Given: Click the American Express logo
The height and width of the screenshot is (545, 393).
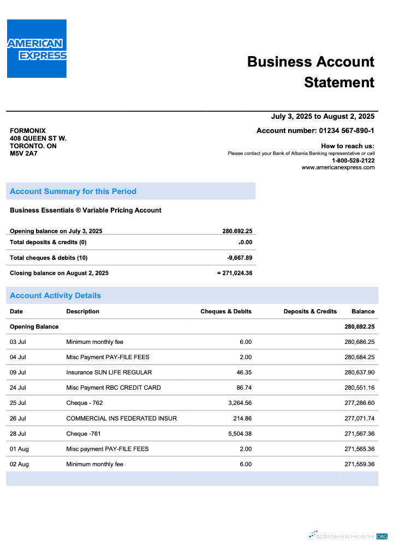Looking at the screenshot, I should (37, 49).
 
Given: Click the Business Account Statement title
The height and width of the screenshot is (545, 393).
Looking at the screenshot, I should (311, 72).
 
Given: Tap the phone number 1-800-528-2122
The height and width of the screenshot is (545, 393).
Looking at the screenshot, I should (353, 160).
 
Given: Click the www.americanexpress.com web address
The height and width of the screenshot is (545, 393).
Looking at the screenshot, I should (338, 167).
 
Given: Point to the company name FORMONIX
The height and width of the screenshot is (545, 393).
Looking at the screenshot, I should (28, 131).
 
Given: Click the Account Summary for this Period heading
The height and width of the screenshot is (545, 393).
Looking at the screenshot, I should (73, 191).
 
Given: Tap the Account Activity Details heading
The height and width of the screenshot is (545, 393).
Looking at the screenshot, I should (55, 295).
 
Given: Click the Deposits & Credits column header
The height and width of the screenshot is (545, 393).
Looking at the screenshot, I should (310, 311).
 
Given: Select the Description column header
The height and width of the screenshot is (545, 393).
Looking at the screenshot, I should (82, 311).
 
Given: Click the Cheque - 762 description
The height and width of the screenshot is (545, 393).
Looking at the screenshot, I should (84, 403).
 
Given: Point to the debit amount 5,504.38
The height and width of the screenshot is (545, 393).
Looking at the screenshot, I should (238, 433).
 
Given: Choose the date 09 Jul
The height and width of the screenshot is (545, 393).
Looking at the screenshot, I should (18, 372).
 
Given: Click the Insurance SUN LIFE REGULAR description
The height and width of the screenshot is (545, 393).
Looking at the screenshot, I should (109, 372).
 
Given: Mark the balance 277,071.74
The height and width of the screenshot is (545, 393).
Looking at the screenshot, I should (359, 418).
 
